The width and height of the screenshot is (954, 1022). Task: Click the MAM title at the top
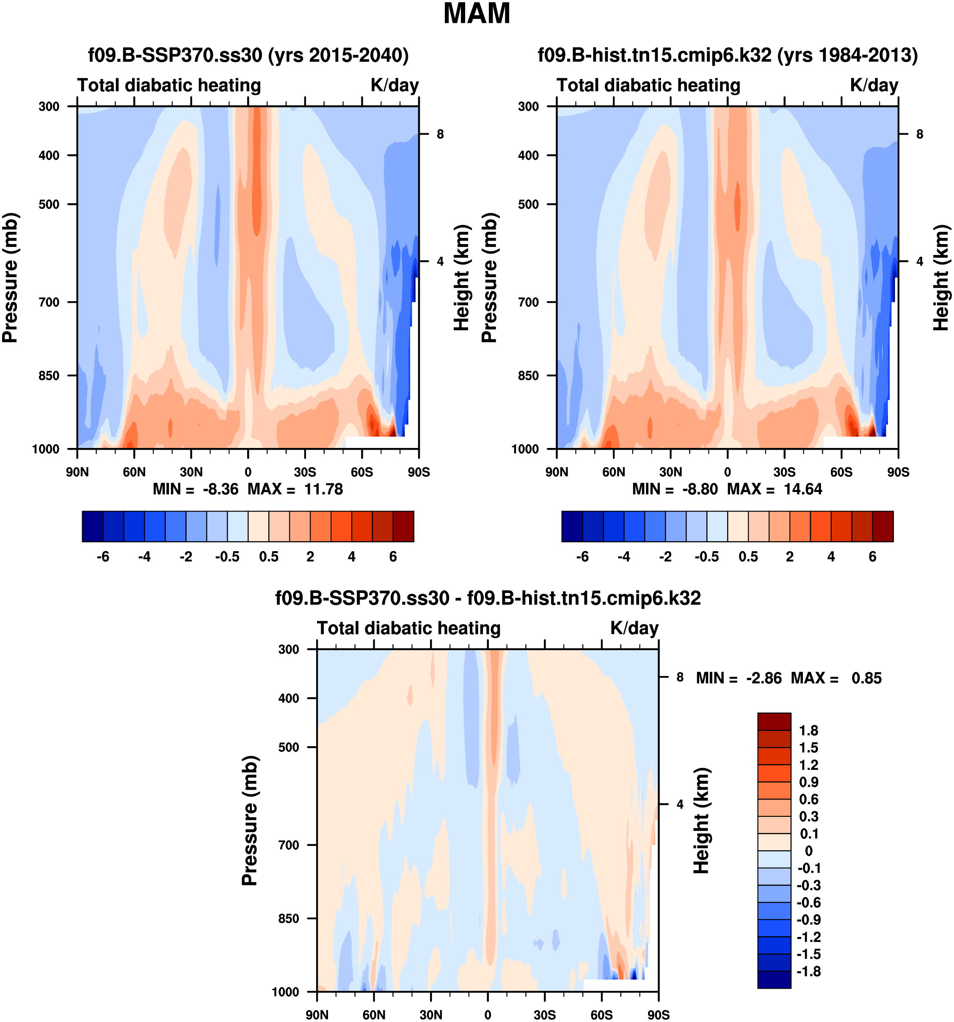point(476,14)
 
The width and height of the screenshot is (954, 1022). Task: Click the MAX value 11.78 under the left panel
point(323,489)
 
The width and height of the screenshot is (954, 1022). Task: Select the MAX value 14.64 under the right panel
point(802,489)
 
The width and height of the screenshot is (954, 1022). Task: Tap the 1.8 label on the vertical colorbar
point(808,731)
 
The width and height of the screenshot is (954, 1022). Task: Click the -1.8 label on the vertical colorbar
point(808,971)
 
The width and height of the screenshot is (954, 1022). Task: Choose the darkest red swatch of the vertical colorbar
point(774,721)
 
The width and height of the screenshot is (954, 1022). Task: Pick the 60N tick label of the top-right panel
point(614,472)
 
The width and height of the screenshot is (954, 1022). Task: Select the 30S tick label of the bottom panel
point(544,1015)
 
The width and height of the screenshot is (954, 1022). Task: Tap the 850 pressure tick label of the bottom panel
point(289,919)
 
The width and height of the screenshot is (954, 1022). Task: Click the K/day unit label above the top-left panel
point(394,85)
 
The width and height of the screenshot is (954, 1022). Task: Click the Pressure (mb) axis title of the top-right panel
point(490,277)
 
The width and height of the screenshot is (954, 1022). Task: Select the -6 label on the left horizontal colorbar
point(103,557)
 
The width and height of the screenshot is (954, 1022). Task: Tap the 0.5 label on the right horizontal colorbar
point(748,557)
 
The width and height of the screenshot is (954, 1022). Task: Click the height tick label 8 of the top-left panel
point(440,135)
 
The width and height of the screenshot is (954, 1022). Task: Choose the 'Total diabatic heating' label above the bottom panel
point(408,628)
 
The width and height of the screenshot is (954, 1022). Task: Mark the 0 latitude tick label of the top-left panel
point(248,472)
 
